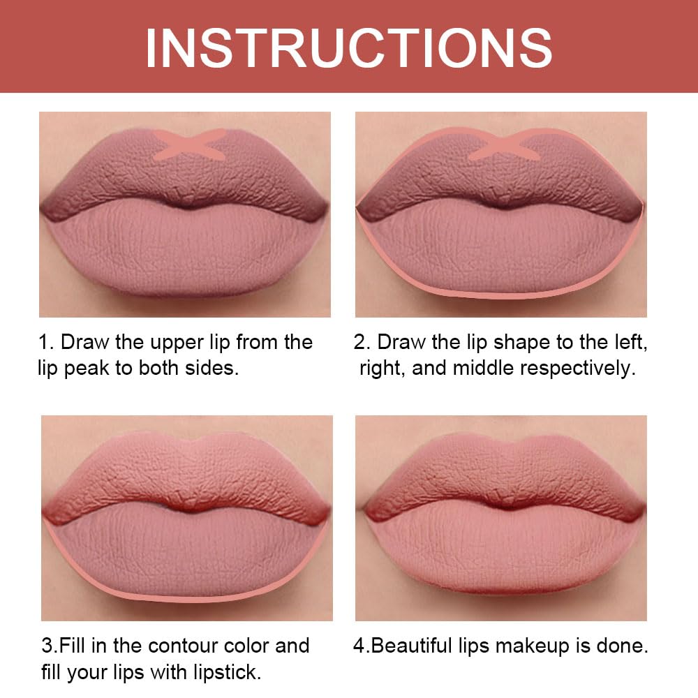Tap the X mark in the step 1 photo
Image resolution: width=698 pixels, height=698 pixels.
(189, 142)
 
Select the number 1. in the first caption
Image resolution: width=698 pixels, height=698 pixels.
(45, 343)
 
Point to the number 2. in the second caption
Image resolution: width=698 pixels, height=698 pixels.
(362, 343)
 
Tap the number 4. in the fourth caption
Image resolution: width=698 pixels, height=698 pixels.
(361, 646)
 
